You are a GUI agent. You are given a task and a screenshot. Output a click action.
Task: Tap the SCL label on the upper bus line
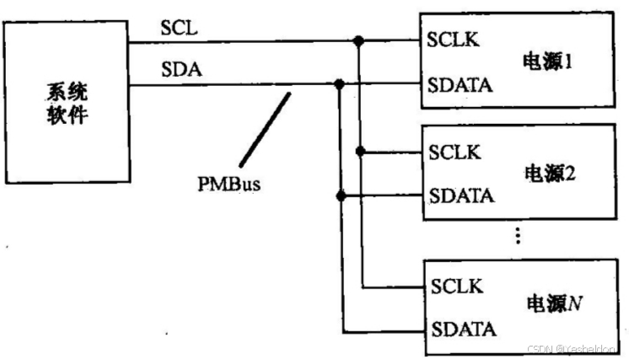[x=177, y=28]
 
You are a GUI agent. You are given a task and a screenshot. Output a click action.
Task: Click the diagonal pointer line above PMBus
[x=264, y=128]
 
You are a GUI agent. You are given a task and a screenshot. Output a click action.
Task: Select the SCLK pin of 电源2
[x=454, y=152]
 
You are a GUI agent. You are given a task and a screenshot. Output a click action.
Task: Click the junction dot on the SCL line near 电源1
[x=359, y=40]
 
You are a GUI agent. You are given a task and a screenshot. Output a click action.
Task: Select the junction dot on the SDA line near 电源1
[x=340, y=84]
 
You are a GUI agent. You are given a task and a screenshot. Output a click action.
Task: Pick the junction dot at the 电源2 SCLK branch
[x=359, y=152]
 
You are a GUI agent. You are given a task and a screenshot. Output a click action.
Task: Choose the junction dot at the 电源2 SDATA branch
[x=340, y=196]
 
